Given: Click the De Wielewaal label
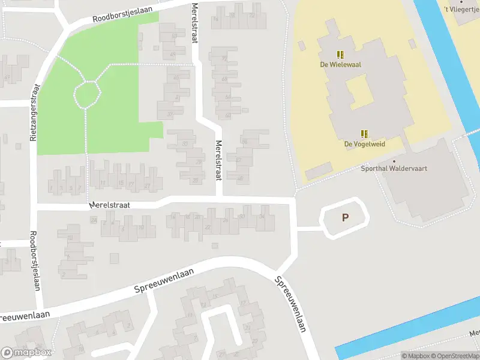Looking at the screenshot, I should pos(339,64).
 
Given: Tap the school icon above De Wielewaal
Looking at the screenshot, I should pos(340,54).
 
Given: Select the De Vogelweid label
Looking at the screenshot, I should pos(364,144).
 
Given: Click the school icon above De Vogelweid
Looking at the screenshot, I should pos(364,134).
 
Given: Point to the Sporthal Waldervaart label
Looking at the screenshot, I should pos(394,169).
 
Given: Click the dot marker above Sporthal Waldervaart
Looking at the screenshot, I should pos(394,161).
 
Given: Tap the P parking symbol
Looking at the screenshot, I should pos(345,218).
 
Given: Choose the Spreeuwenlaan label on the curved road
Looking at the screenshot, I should pos(154,285).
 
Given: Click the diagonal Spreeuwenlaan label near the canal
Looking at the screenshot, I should pos(292,304).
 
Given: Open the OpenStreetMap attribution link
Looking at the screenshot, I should pos(454,356).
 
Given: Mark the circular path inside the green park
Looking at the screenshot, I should pos(86,94).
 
